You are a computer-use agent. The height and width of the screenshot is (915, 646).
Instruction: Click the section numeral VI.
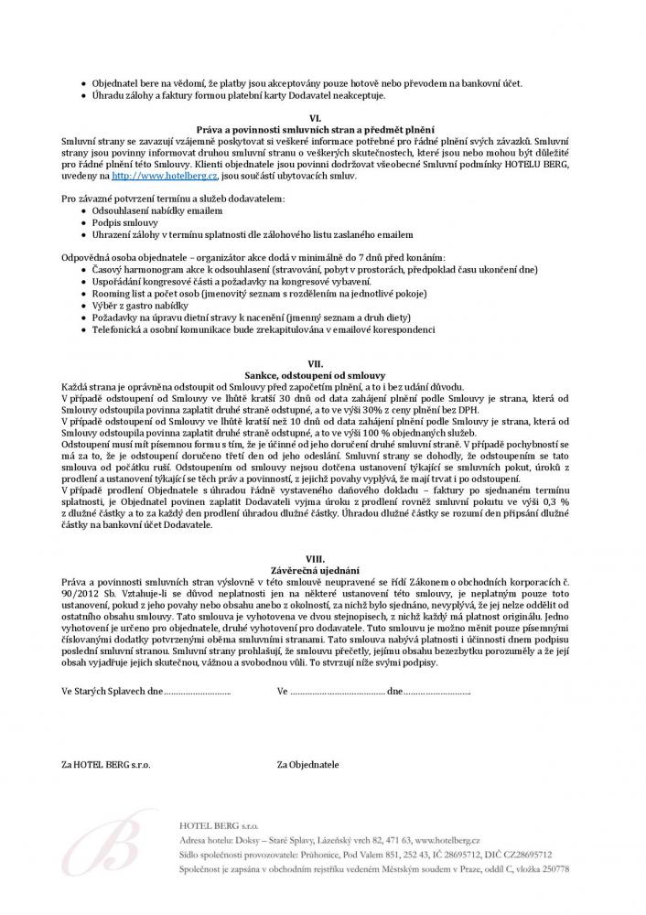(315, 119)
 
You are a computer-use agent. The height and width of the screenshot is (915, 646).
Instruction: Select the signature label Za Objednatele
(307, 762)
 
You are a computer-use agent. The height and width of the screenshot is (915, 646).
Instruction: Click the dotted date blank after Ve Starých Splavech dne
(197, 691)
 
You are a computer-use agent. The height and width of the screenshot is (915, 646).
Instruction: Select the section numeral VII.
(315, 364)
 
